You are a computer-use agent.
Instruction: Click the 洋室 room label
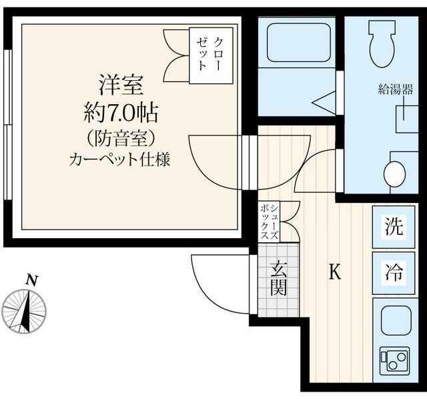pyautogui.click(x=122, y=86)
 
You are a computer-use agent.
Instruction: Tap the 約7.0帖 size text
pyautogui.click(x=122, y=113)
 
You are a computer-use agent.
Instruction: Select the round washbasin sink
pyautogui.click(x=395, y=174)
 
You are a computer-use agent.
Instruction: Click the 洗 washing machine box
pyautogui.click(x=394, y=227)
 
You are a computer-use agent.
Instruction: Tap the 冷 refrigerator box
pyautogui.click(x=394, y=272)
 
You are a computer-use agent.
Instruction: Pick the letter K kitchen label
pyautogui.click(x=335, y=272)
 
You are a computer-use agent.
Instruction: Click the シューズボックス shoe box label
pyautogui.click(x=272, y=221)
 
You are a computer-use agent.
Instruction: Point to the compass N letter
pyautogui.click(x=30, y=280)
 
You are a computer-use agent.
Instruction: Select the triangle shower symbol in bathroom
pyautogui.click(x=326, y=102)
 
